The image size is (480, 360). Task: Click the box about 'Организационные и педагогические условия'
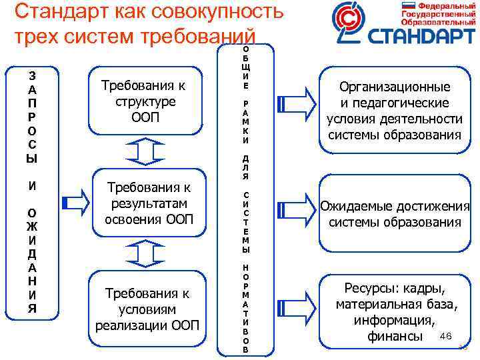click(x=394, y=111)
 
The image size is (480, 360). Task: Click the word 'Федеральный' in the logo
click(x=443, y=6)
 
